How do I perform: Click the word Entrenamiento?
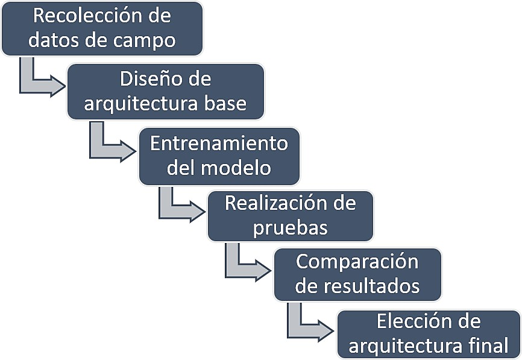click(219, 144)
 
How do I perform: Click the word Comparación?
click(357, 262)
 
